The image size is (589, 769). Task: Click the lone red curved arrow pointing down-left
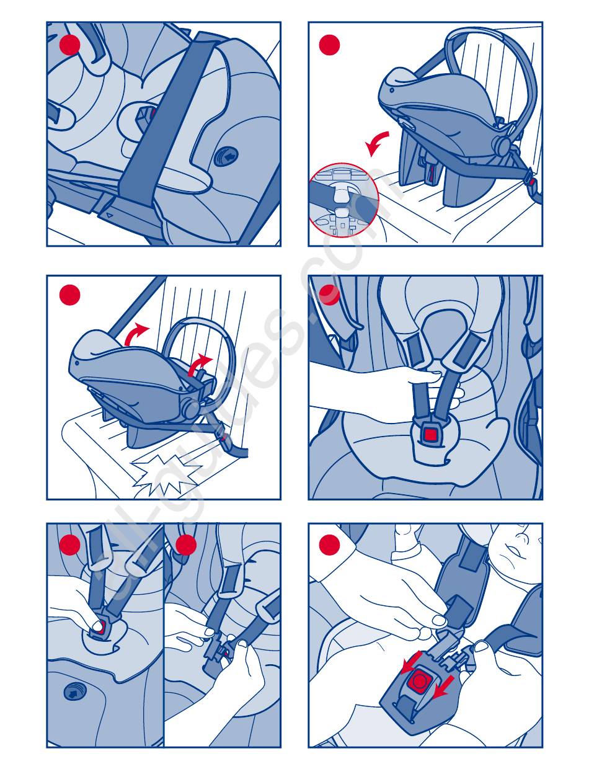376,143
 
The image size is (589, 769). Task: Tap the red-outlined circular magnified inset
343,200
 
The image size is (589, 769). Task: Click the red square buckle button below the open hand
430,434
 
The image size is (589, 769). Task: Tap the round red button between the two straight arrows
420,680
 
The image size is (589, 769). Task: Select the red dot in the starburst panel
70,295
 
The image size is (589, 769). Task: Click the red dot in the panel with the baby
329,545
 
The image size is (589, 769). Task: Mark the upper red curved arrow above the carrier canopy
136,334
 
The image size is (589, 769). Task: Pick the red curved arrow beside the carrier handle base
199,365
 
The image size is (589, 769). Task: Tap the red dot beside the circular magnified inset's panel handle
329,45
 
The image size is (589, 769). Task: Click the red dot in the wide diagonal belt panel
70,45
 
